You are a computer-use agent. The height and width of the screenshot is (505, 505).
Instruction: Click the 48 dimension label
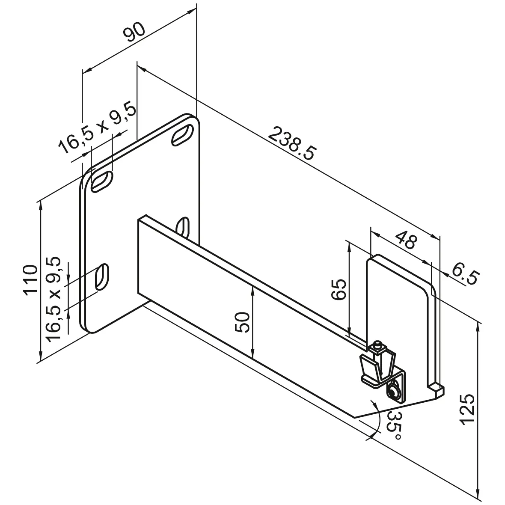[405, 241]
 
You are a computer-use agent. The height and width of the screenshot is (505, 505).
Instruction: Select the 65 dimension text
[338, 289]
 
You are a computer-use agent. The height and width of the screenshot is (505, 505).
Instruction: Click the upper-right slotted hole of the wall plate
[182, 134]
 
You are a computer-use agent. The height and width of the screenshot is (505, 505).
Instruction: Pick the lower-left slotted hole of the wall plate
[102, 278]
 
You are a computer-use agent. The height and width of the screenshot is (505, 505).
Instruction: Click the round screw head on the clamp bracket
[393, 390]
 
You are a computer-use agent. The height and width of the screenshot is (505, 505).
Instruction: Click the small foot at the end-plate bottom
[437, 389]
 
